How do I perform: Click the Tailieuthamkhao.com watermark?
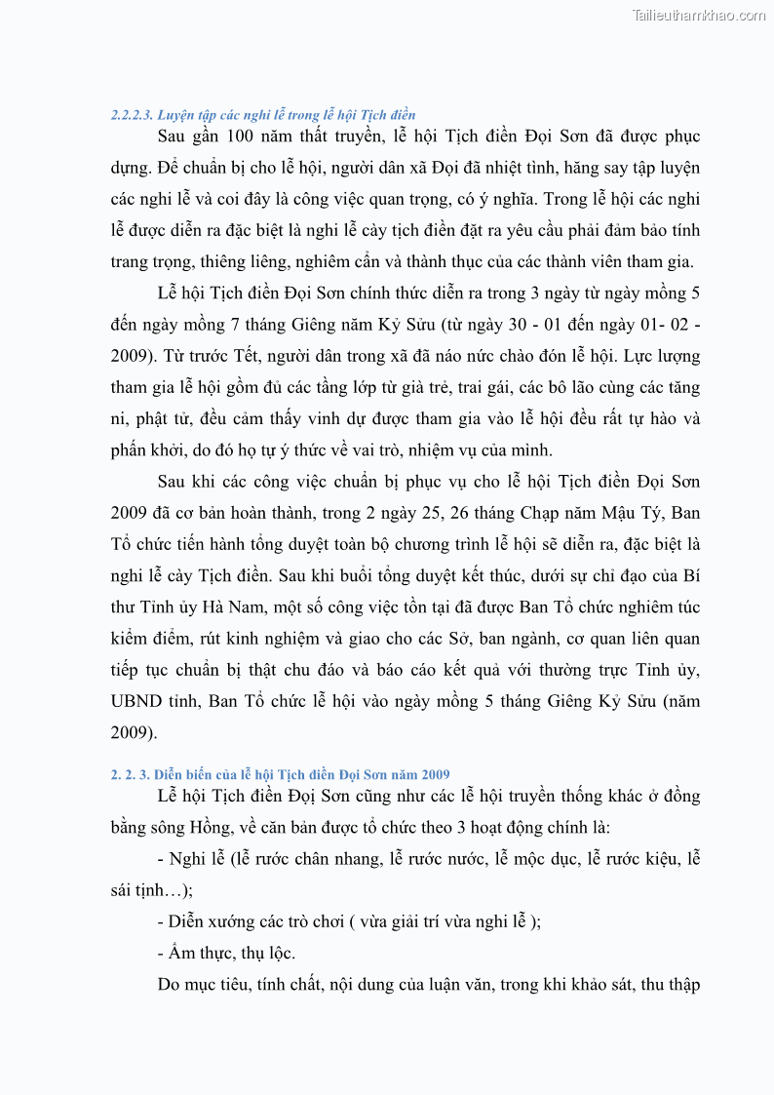click(698, 15)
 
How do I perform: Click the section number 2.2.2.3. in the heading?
click(132, 115)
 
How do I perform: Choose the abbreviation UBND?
click(134, 701)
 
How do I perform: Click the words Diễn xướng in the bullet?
click(210, 921)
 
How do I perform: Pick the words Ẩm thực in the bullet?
click(198, 953)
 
